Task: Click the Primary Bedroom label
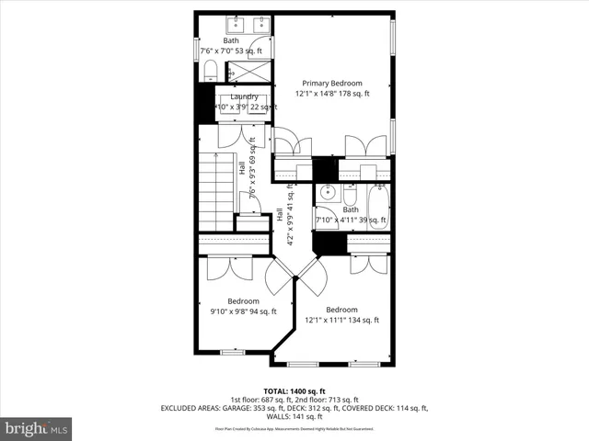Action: point(332,83)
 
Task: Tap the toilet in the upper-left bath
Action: point(210,70)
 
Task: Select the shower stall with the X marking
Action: point(248,70)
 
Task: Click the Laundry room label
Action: point(244,96)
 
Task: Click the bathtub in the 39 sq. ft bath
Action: point(377,208)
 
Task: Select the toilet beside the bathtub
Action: point(351,197)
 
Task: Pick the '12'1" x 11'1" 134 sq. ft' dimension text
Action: point(341,320)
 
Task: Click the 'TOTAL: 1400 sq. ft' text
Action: point(294,390)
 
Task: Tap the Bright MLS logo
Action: point(37,427)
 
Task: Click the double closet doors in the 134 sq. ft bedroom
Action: point(370,265)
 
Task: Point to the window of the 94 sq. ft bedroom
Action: point(232,352)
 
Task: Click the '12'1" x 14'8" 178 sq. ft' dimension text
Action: point(332,94)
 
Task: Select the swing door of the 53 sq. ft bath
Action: point(259,48)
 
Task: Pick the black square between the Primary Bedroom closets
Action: point(325,170)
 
